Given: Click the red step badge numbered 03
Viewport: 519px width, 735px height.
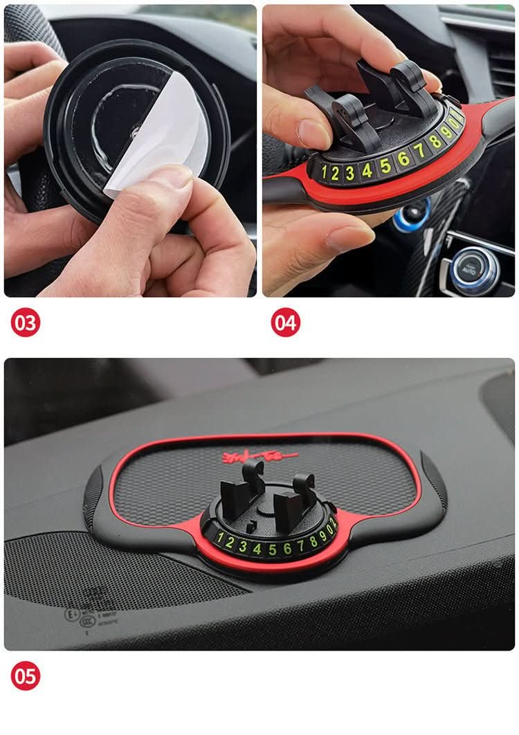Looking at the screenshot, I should click(26, 323).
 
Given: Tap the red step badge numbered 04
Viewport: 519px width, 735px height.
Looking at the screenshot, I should click(285, 323).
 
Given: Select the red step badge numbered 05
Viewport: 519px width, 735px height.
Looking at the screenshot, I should click(26, 676).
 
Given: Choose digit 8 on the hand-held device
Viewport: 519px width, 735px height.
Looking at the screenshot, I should click(435, 141).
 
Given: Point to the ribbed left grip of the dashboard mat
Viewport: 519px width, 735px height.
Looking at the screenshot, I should click(93, 494).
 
